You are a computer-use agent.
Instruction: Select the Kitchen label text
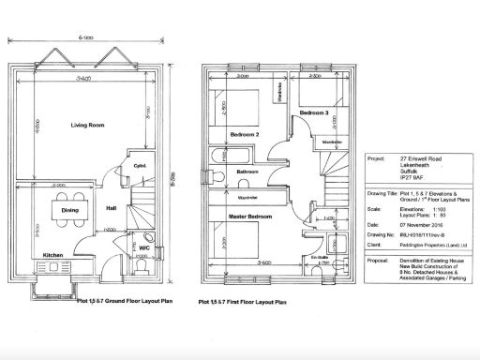pos(52,254)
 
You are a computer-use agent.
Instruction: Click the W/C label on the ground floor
pos(143,248)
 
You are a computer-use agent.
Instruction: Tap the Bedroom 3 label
pos(312,112)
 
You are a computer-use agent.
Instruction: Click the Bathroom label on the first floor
pos(247,172)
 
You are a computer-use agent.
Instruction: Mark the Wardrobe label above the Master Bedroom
pos(248,199)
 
